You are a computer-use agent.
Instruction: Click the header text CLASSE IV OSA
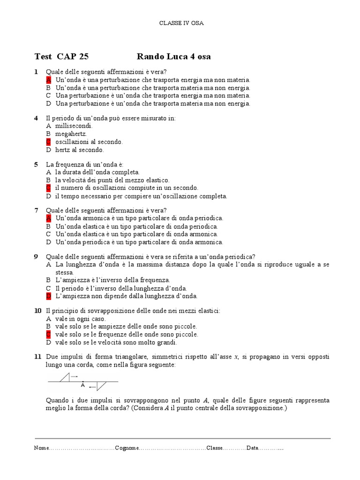tap(181, 22)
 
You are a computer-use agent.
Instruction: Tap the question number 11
tap(37, 357)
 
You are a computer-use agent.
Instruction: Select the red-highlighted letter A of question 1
tap(48, 80)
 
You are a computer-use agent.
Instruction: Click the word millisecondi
tap(74, 126)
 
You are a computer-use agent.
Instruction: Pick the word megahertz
tap(71, 134)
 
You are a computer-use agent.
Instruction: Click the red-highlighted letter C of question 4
tap(48, 142)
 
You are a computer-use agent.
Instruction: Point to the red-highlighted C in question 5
tap(48, 188)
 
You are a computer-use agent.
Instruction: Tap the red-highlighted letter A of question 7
tap(48, 218)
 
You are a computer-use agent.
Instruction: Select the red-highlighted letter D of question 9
tap(48, 296)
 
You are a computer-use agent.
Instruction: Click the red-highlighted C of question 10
tap(48, 335)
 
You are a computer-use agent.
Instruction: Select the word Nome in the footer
tap(41, 448)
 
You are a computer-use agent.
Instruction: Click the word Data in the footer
tap(252, 448)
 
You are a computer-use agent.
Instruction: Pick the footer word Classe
tap(215, 448)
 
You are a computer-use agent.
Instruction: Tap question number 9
tap(36, 256)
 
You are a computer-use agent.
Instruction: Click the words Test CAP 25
tap(61, 57)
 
